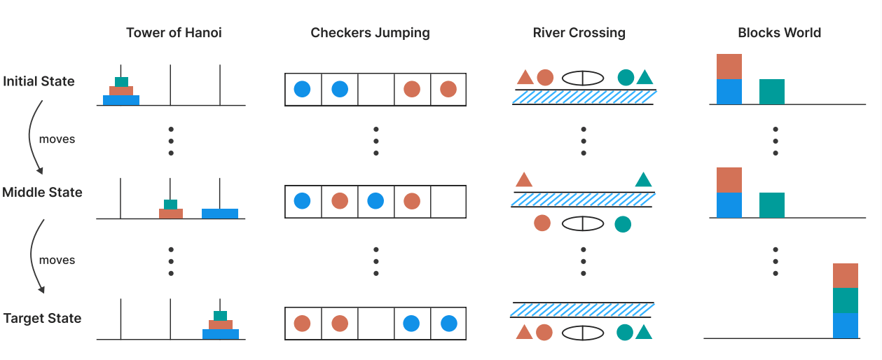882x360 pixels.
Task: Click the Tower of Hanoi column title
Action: click(174, 33)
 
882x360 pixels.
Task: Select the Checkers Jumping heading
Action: click(370, 33)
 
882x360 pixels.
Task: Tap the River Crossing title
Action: click(579, 33)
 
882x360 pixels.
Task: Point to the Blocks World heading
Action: click(779, 33)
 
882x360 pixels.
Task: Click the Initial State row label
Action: click(39, 81)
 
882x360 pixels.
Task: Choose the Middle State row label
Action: click(42, 192)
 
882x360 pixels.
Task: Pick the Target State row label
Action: click(42, 318)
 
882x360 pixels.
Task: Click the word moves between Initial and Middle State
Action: click(57, 139)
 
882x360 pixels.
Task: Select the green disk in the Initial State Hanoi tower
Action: click(121, 81)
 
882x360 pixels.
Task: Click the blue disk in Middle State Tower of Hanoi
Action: click(220, 214)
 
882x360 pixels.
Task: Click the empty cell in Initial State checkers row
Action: click(375, 90)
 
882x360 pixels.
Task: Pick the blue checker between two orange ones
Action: click(375, 202)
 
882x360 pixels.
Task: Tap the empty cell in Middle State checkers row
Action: click(448, 202)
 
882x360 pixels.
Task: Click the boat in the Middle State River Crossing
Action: click(582, 223)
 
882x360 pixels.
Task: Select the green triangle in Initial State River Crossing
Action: click(645, 78)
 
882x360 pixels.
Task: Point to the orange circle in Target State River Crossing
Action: click(544, 332)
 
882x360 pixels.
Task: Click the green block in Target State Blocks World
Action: click(846, 300)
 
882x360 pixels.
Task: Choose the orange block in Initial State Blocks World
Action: click(729, 67)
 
